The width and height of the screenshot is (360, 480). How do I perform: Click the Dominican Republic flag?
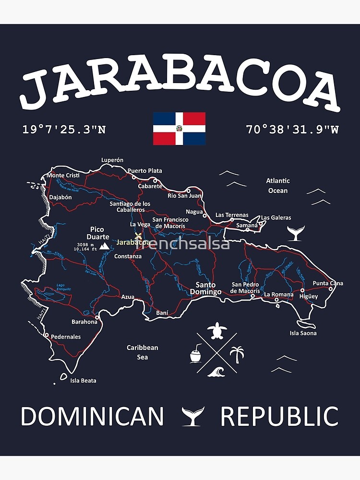[x=179, y=129]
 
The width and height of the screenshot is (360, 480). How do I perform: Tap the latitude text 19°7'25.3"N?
[x=64, y=130]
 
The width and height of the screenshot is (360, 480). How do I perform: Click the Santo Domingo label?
[x=205, y=288]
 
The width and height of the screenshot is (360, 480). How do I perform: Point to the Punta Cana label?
[x=328, y=283]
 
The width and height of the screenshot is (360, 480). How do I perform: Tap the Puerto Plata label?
[x=144, y=170]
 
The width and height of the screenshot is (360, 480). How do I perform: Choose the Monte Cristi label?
[x=63, y=175]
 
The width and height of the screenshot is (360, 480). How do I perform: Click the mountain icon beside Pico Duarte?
[x=104, y=246]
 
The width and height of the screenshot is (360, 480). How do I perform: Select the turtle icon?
[x=217, y=330]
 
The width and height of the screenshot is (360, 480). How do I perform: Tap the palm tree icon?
[x=237, y=355]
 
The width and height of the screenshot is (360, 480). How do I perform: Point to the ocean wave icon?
[x=216, y=372]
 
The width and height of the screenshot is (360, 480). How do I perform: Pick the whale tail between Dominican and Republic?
[x=193, y=416]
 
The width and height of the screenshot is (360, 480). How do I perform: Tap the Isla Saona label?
[x=303, y=333]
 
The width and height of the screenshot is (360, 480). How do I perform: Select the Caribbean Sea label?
[x=142, y=352]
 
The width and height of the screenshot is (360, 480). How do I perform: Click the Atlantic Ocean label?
[x=278, y=186]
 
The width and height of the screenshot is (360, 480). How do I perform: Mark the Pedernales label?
[x=66, y=336]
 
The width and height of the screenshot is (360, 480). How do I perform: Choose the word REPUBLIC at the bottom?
[x=279, y=416]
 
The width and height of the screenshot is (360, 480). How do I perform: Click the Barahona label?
[x=84, y=322]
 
